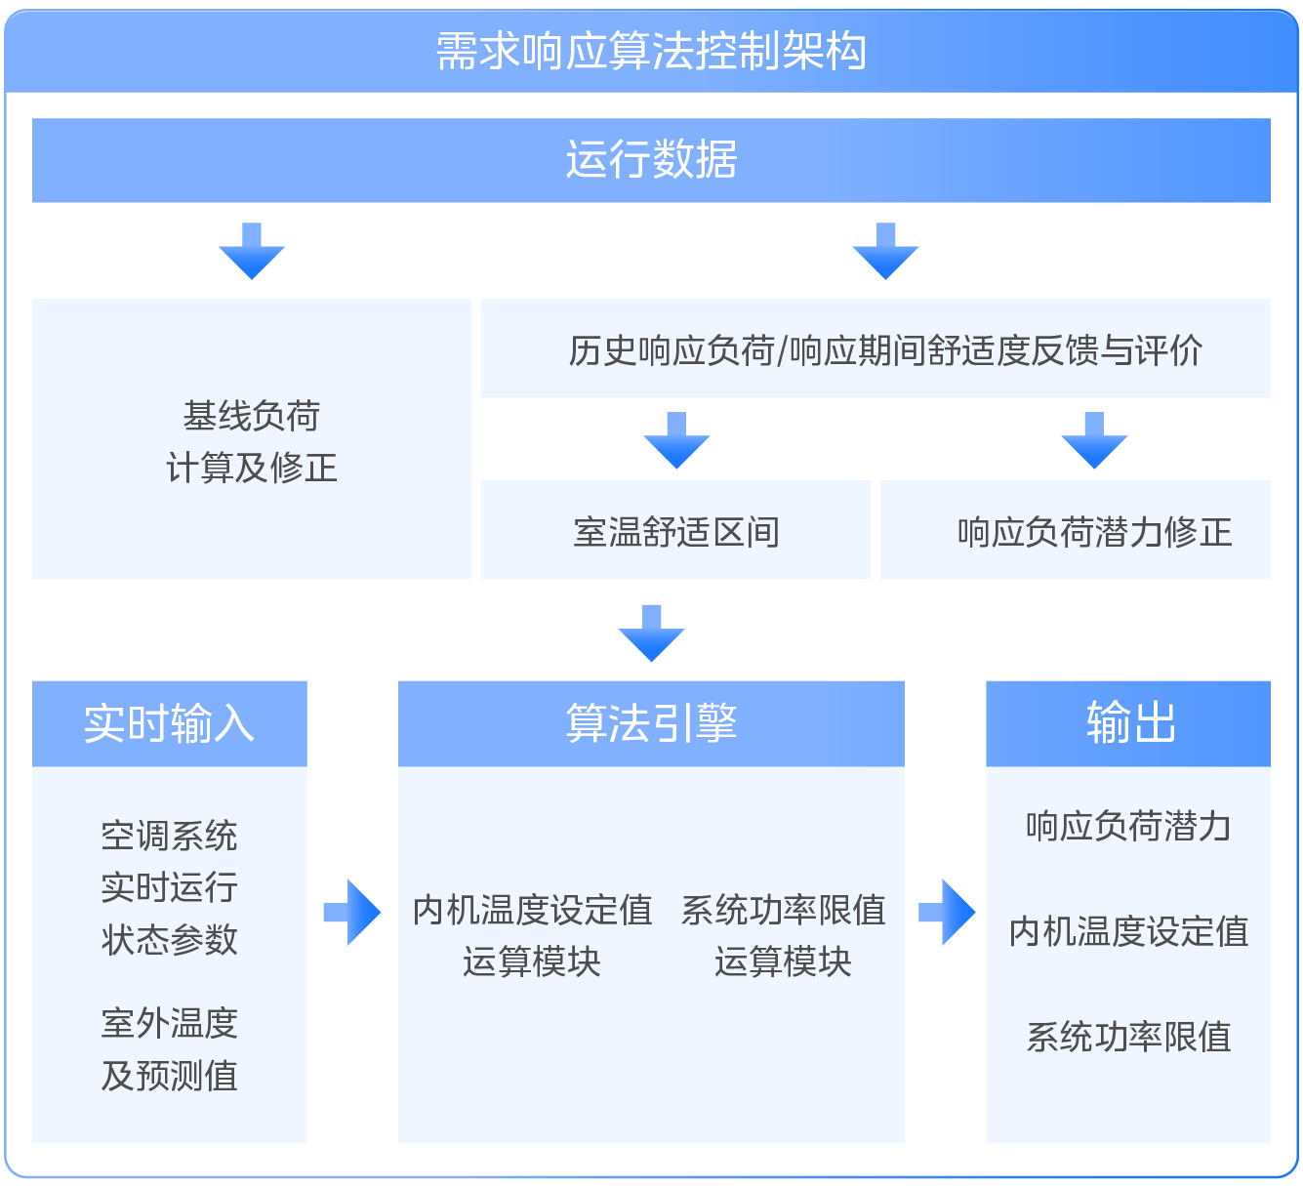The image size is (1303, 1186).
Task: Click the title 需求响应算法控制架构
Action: [x=651, y=51]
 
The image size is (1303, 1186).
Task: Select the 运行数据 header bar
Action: [x=651, y=160]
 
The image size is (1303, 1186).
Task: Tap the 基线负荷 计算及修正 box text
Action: [x=252, y=441]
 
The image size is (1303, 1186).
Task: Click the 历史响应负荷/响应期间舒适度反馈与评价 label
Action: [x=885, y=350]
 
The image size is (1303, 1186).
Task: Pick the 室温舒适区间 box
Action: [x=674, y=530]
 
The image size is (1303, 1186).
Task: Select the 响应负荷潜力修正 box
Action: [x=1075, y=530]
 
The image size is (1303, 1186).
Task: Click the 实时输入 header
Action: [x=170, y=723]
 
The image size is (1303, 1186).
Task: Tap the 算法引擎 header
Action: [x=651, y=723]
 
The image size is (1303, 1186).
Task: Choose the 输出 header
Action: [x=1128, y=723]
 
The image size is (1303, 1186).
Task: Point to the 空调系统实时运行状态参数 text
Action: [x=170, y=887]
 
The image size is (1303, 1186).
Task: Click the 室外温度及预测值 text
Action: [x=170, y=1049]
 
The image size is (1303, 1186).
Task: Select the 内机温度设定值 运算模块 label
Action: [x=532, y=935]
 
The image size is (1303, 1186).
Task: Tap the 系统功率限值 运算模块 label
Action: [x=783, y=935]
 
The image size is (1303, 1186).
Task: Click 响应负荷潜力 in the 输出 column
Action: [x=1128, y=826]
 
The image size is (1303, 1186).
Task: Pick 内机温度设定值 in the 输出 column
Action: [x=1128, y=931]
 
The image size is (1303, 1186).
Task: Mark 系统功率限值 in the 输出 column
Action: [x=1128, y=1037]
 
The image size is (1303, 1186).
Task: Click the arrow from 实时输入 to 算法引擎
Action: [x=352, y=913]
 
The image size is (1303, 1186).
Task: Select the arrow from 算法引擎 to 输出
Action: [x=947, y=913]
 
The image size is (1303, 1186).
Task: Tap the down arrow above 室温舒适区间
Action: [x=676, y=440]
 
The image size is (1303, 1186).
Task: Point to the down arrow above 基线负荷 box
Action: [x=252, y=251]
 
